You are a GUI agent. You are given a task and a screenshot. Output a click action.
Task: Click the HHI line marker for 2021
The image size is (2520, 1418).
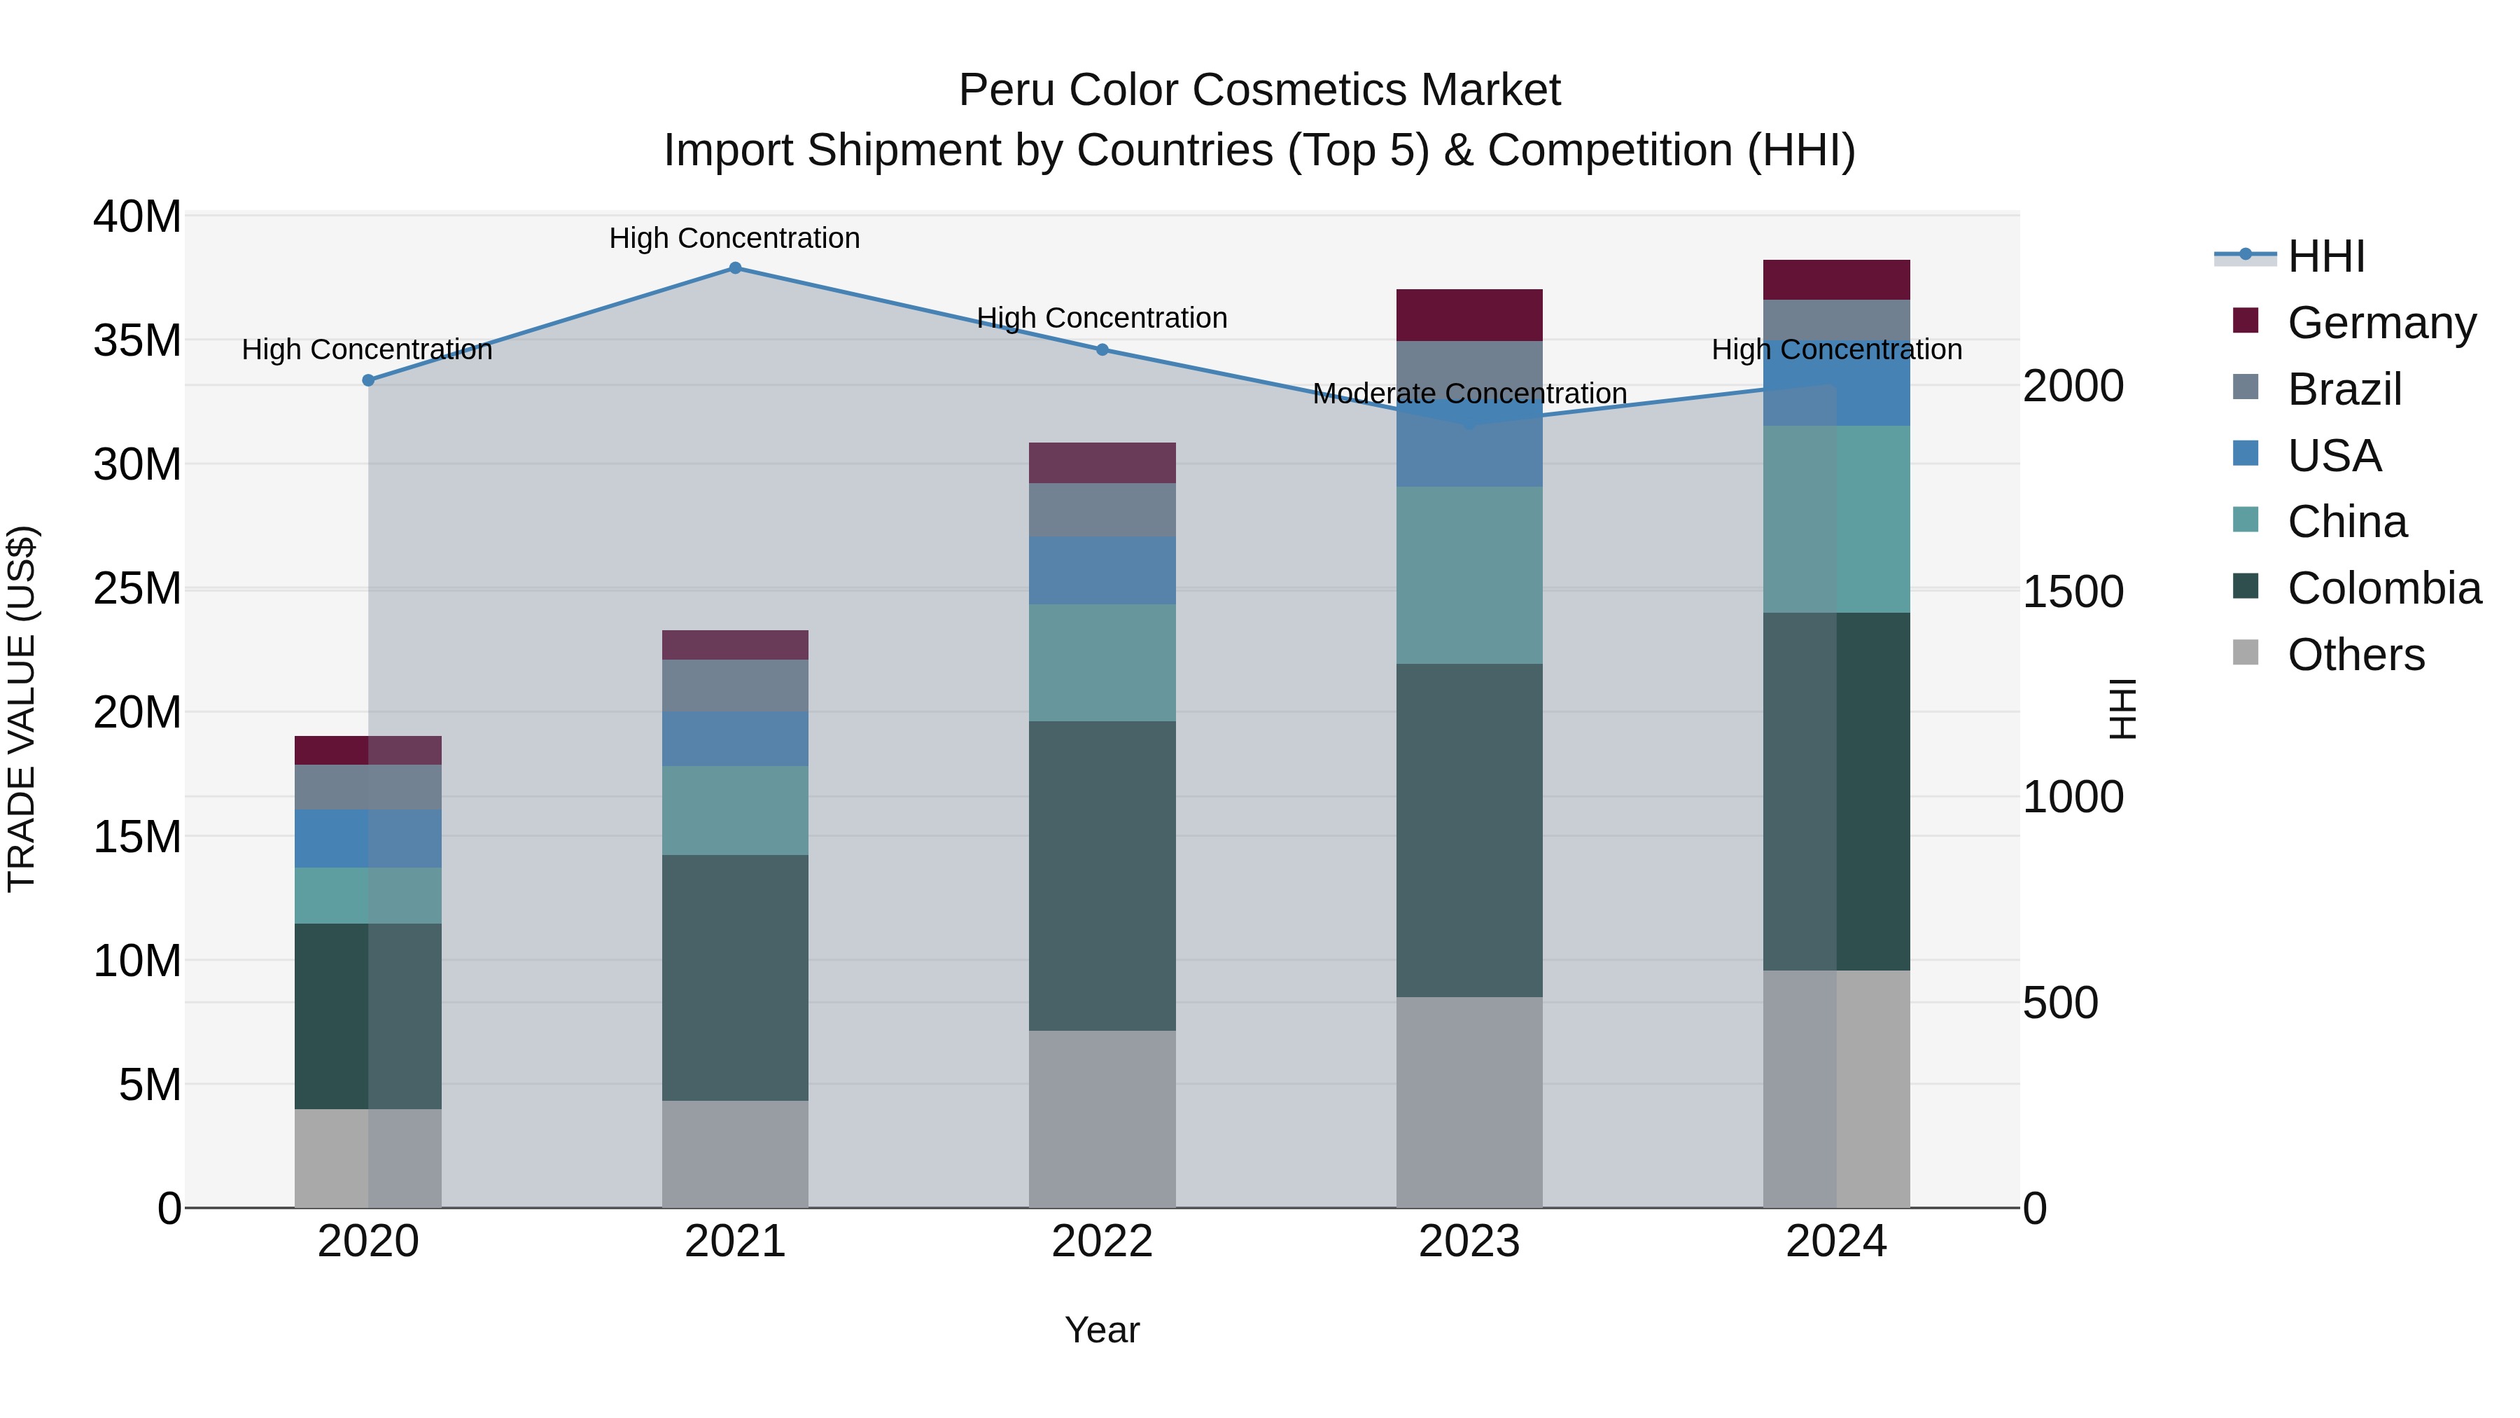(x=735, y=268)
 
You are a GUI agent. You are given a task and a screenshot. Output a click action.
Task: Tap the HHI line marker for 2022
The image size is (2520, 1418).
(x=1102, y=349)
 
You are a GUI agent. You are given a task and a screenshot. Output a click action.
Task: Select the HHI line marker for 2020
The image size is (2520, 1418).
(x=367, y=381)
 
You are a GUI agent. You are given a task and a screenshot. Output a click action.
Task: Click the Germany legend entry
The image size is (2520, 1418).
(x=2381, y=323)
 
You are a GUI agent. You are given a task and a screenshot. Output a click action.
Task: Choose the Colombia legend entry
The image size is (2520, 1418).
(x=2383, y=588)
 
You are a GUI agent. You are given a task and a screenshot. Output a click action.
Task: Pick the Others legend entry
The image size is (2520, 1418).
(x=2355, y=655)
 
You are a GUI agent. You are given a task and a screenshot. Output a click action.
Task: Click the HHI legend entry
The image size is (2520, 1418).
(x=2325, y=256)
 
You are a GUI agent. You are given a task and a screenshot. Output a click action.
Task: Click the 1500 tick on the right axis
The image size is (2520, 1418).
(x=2072, y=592)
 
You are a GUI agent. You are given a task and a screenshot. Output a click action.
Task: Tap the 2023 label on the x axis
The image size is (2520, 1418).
(x=1469, y=1242)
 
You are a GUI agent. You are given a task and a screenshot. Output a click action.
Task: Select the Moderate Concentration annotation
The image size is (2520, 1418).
(x=1469, y=394)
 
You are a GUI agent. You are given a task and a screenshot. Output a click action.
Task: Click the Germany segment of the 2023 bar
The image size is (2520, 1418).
(x=1469, y=315)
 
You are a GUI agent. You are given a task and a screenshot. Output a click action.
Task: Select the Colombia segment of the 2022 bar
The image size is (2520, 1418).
(x=1102, y=876)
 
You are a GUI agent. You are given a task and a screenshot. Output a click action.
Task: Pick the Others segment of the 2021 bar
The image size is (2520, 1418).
(x=735, y=1154)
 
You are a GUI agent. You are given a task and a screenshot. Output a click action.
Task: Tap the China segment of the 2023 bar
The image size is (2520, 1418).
(x=1469, y=576)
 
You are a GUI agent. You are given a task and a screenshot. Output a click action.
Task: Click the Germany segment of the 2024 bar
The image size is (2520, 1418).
(x=1835, y=280)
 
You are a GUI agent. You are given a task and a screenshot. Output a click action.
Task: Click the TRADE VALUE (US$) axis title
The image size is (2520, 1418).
(x=22, y=709)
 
